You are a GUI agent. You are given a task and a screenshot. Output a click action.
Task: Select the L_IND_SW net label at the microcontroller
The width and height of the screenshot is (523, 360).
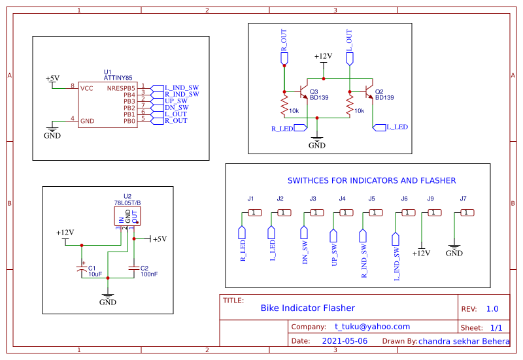coord(181,88)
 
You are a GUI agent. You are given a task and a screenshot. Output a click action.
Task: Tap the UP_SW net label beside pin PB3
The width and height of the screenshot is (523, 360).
coord(176,101)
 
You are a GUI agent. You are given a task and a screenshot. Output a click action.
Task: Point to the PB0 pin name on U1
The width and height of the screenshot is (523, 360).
coord(129,121)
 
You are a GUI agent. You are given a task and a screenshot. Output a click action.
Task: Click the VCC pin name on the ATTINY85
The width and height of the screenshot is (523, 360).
coord(86,88)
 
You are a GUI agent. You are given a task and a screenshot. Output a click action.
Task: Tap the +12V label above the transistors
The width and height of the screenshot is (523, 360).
coord(323,57)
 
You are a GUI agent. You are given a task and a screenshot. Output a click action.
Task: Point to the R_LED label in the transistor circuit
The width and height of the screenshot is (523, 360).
coord(282,129)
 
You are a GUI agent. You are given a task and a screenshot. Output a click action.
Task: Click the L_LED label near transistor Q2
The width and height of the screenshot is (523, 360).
coord(397,127)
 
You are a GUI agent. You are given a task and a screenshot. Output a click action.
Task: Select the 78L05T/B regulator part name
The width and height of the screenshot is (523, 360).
coord(127,203)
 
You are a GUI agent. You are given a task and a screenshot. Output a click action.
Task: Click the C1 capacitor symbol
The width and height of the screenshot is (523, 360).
coord(82,269)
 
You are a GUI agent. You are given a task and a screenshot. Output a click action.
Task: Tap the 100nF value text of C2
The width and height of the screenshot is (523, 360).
coord(148,274)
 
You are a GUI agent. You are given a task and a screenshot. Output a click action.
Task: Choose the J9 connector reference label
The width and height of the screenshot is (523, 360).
coord(430,198)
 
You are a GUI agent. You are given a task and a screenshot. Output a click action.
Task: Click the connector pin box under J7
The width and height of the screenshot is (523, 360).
coord(467,212)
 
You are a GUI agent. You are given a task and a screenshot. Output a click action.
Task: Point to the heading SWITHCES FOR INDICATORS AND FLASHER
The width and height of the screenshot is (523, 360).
coord(371,180)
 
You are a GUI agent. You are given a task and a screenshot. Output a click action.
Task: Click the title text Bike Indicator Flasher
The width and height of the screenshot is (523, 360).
coord(307,308)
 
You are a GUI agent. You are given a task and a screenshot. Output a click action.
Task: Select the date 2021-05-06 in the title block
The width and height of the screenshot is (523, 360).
coord(345,341)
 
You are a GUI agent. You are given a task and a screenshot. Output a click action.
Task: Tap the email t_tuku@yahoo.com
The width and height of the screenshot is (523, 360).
coord(372,327)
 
